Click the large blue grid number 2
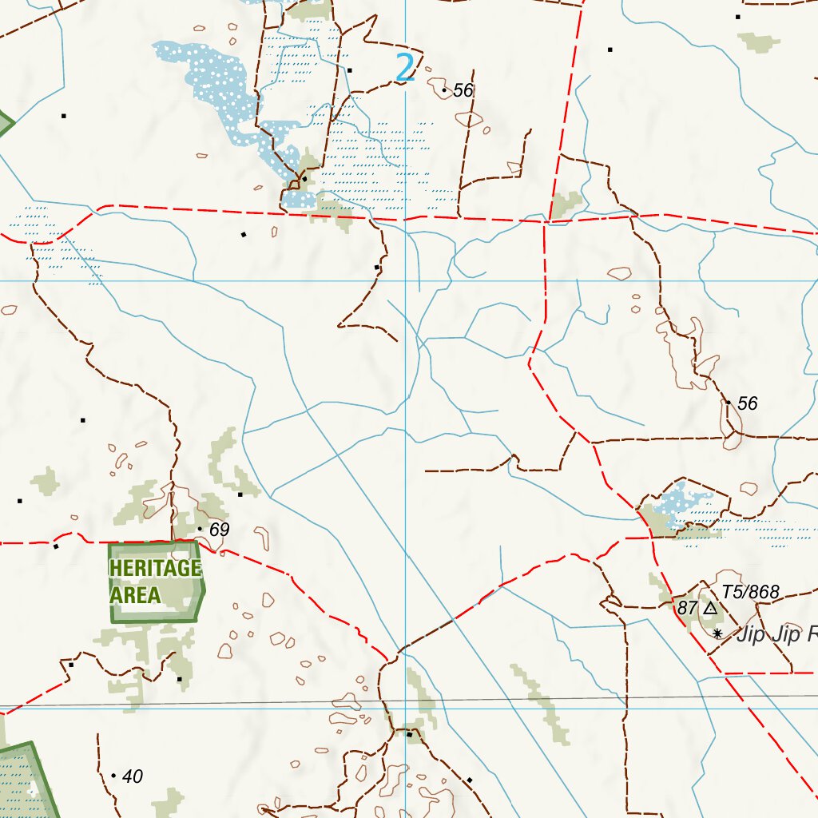tap(406, 68)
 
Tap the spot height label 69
tap(219, 529)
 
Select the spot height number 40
tap(133, 776)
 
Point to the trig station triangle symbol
tap(710, 609)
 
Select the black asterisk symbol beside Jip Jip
tap(717, 633)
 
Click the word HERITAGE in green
tap(155, 568)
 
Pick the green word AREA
tap(135, 595)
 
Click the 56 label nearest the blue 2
tap(463, 90)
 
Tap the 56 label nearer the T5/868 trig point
tap(747, 403)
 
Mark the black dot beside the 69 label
tap(200, 529)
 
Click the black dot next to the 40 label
tap(113, 776)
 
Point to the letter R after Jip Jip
tap(811, 636)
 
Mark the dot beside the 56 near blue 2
tap(444, 90)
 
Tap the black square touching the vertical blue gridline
tap(409, 733)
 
